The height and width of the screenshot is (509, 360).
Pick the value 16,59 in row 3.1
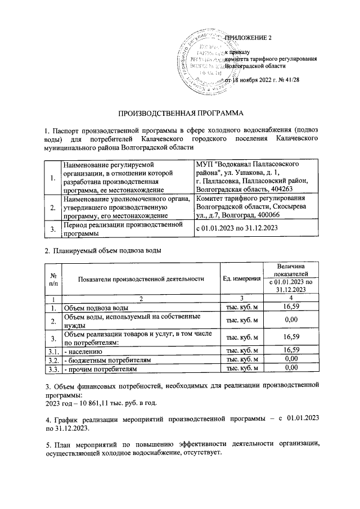coord(290,350)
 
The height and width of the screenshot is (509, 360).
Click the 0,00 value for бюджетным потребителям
coord(290,359)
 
